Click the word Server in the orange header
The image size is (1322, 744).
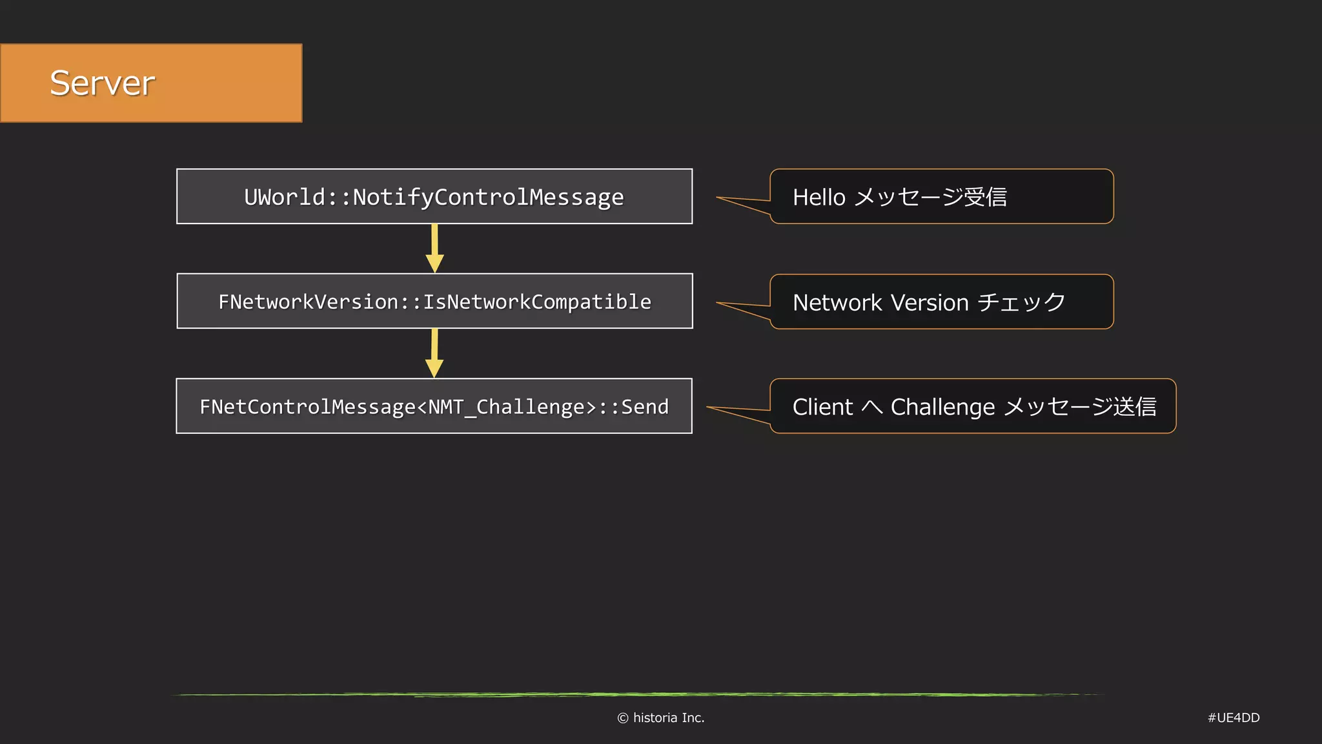pos(102,83)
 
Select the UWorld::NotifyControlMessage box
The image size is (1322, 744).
pos(434,196)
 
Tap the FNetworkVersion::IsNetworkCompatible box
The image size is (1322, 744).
pos(434,302)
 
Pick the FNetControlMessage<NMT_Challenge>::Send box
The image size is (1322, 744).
pos(434,406)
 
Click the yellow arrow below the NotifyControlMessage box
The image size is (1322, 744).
pos(434,249)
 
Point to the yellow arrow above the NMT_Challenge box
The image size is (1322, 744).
pos(434,353)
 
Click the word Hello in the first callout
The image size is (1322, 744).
pos(819,197)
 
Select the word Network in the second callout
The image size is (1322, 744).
pos(837,302)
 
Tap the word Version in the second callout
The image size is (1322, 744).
pos(930,302)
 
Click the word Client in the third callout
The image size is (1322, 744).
pos(822,407)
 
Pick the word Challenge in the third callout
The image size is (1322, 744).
pos(942,407)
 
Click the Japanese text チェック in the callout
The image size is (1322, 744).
pos(1021,302)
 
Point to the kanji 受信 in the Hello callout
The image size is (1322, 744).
pos(985,197)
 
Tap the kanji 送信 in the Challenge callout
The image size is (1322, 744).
pos(1135,407)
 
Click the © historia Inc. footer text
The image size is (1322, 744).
pos(660,718)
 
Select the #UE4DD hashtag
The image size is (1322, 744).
pos(1233,718)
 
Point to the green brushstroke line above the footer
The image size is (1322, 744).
pos(639,695)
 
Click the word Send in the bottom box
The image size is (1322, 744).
pos(644,406)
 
